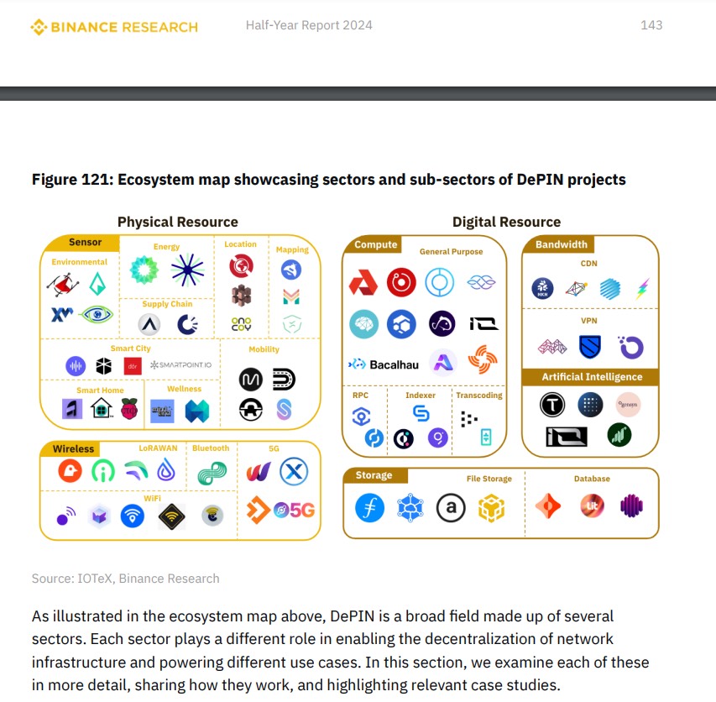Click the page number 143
click(x=651, y=25)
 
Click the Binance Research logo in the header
click(x=114, y=27)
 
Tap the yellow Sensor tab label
click(x=85, y=243)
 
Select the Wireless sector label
click(x=73, y=448)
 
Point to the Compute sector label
click(x=375, y=245)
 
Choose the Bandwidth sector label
click(x=561, y=245)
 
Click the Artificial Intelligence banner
click(x=592, y=377)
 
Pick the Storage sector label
click(x=374, y=475)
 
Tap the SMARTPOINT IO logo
click(x=180, y=365)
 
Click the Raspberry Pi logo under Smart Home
click(x=128, y=409)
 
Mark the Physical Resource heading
click(x=177, y=222)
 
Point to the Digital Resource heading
click(x=506, y=222)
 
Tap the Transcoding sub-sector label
click(x=478, y=395)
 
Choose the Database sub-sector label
click(x=592, y=479)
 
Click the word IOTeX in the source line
click(x=102, y=579)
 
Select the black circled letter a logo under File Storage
click(x=451, y=506)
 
